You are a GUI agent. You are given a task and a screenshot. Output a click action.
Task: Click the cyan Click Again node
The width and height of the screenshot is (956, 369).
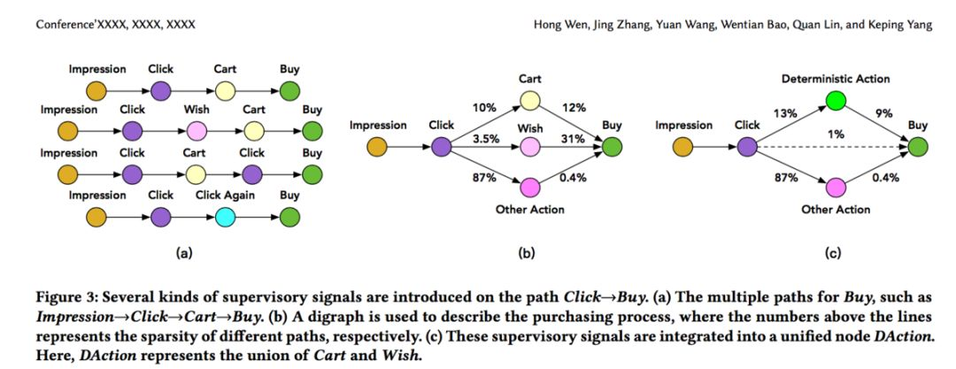(224, 215)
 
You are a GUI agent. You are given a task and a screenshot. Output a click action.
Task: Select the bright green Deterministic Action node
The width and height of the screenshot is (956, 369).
(835, 103)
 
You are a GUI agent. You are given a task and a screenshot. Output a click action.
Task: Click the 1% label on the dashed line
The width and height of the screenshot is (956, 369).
(835, 134)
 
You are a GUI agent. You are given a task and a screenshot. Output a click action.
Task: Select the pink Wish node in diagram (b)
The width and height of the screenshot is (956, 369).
(530, 146)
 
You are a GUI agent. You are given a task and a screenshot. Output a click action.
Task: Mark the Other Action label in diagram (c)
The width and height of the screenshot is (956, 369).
(835, 210)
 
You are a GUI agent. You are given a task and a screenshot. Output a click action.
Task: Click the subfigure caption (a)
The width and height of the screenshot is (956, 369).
(184, 253)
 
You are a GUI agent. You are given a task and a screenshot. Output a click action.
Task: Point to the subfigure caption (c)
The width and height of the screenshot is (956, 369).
(832, 253)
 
